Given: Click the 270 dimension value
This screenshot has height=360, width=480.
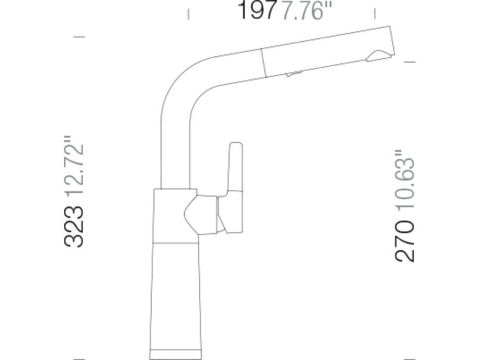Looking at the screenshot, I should coord(405,240).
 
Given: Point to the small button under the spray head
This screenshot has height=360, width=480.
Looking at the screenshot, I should coord(293,73).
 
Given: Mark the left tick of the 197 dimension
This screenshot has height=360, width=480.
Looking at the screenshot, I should coord(188,13).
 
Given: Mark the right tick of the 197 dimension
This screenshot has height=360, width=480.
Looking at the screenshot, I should coord(374,13).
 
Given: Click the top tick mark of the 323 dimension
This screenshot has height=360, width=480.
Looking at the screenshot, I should coord(79,37).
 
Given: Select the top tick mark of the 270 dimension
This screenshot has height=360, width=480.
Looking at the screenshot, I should coord(409,62).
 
